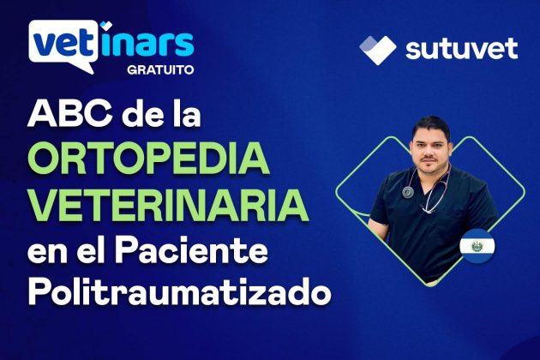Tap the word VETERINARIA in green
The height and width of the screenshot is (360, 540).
(168, 206)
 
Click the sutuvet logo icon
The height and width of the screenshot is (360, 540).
(377, 48)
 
